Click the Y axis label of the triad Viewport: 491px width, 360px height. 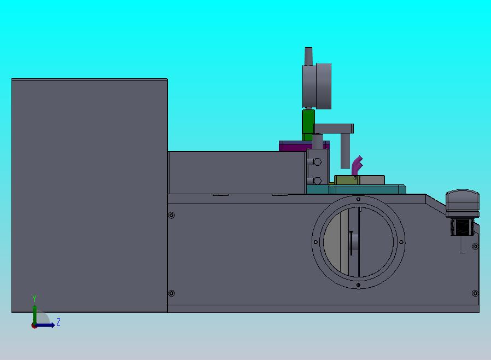[x=34, y=299]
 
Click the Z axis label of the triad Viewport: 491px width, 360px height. [x=59, y=322]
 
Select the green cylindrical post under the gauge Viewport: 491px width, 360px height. [x=308, y=125]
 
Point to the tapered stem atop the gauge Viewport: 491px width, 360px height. [x=308, y=56]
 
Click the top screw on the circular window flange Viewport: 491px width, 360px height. [x=358, y=199]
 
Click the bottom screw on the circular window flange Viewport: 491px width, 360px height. [x=358, y=285]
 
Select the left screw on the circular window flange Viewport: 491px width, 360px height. [x=315, y=242]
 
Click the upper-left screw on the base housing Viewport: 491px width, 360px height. [x=172, y=216]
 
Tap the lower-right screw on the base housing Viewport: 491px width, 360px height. [x=474, y=294]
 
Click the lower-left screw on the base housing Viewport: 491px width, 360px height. [x=172, y=294]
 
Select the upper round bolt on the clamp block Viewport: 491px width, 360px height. [x=317, y=162]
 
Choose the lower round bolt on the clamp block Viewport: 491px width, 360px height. [x=317, y=181]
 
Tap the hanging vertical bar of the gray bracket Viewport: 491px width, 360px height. [x=345, y=150]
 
